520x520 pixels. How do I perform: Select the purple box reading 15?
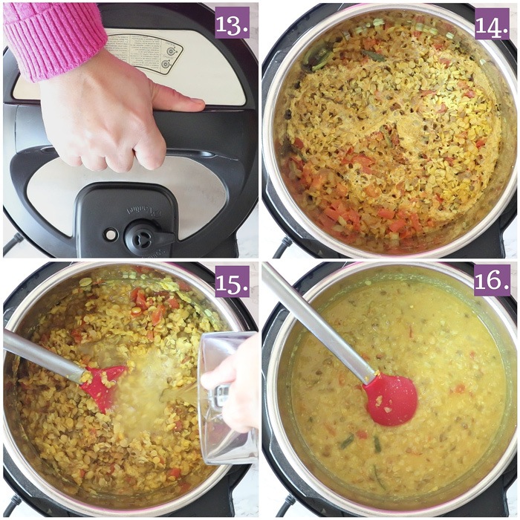[232, 281]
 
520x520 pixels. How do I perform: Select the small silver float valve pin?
[111, 235]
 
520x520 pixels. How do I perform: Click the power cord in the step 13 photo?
[11, 242]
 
